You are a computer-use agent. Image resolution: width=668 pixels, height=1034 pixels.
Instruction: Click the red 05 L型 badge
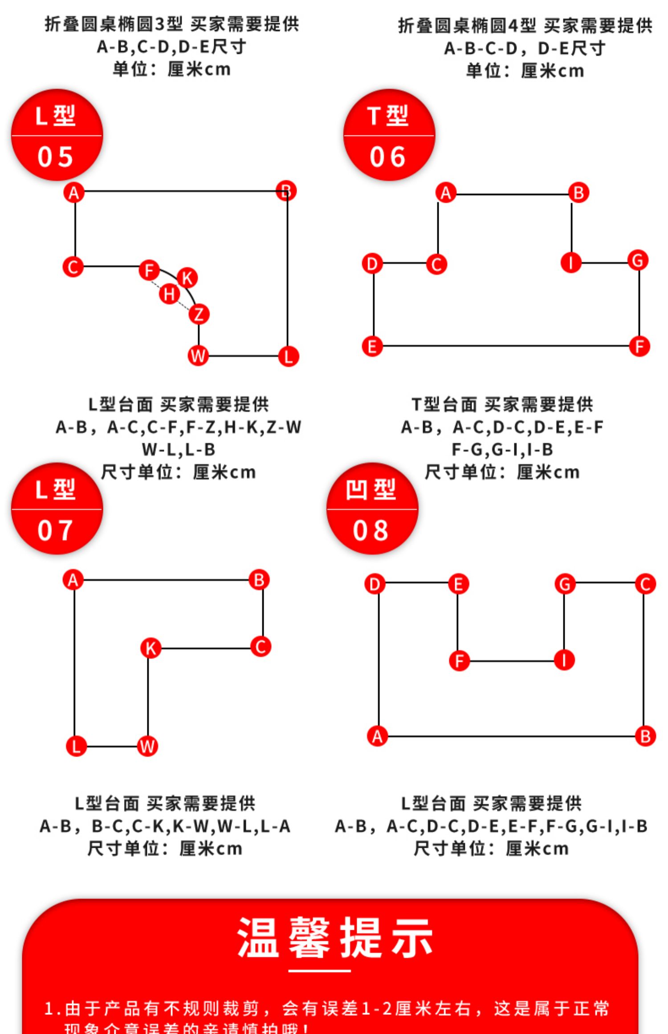pos(57,135)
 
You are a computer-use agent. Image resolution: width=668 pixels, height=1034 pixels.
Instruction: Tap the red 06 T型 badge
pos(389,135)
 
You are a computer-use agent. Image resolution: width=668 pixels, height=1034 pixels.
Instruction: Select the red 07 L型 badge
pos(57,509)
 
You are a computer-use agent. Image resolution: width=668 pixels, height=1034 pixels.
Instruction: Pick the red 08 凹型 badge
pos(372,509)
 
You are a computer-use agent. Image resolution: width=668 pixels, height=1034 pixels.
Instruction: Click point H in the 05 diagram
pos(169,294)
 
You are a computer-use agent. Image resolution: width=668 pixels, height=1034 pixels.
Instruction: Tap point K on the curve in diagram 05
pos(187,278)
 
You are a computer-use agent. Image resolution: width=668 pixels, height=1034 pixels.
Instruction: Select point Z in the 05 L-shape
pos(199,314)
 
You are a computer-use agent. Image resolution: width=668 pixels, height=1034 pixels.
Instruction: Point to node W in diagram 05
pos(198,355)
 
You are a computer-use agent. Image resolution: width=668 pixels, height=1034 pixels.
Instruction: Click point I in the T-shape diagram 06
pos(571,262)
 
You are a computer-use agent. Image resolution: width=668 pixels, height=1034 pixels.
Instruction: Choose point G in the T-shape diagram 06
pos(638,260)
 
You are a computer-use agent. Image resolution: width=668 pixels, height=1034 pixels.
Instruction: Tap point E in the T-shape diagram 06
pos(372,346)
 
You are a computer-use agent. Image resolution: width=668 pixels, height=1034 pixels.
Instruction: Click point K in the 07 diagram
pos(151,648)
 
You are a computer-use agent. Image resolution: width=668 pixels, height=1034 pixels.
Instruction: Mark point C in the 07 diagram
pos(261,647)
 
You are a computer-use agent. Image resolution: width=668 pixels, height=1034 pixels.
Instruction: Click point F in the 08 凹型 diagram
pos(460,661)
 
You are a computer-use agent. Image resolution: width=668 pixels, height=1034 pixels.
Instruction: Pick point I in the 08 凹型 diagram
pos(564,660)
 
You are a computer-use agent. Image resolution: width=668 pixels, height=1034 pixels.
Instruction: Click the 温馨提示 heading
pos(335,937)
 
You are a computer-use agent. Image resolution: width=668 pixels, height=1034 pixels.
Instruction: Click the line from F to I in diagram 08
pos(512,661)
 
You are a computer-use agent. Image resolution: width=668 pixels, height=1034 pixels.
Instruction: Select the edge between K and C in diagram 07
pos(205,648)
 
